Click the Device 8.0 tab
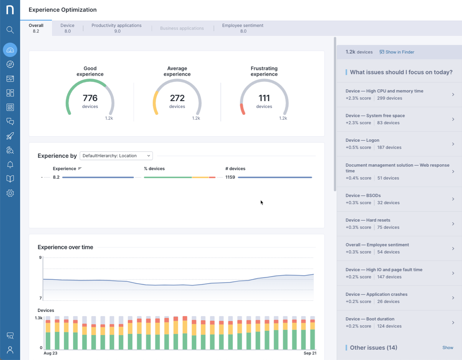point(67,28)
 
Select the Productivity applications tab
point(117,28)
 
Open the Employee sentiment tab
point(243,28)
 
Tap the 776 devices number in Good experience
point(90,98)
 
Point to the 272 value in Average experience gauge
point(177,98)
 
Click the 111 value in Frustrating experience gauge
point(264,98)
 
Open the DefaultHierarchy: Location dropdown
point(116,156)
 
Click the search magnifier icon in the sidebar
point(10,30)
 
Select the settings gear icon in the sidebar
point(10,193)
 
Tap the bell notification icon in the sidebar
point(10,165)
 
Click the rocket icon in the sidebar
point(10,136)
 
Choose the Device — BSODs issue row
point(399,199)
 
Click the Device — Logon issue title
point(362,140)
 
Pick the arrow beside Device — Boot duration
point(453,322)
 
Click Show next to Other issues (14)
point(448,348)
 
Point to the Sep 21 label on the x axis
point(310,353)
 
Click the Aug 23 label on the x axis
point(51,353)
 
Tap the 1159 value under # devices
point(230,177)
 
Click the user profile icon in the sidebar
point(10,350)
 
